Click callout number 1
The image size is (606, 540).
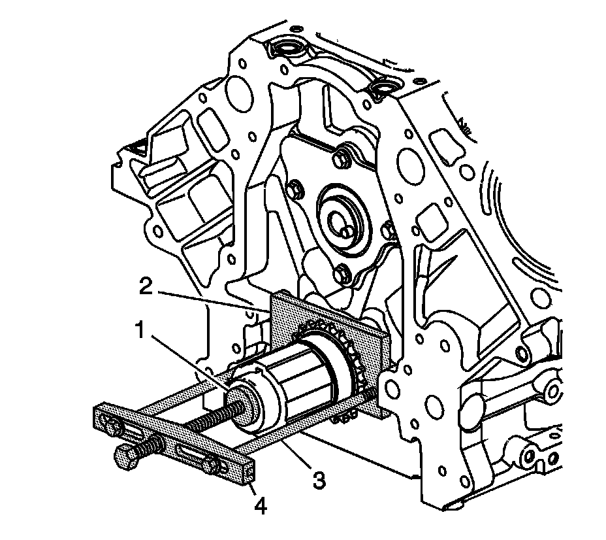(140, 331)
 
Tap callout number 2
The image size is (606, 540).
(146, 287)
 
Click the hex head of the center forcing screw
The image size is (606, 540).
(127, 457)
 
